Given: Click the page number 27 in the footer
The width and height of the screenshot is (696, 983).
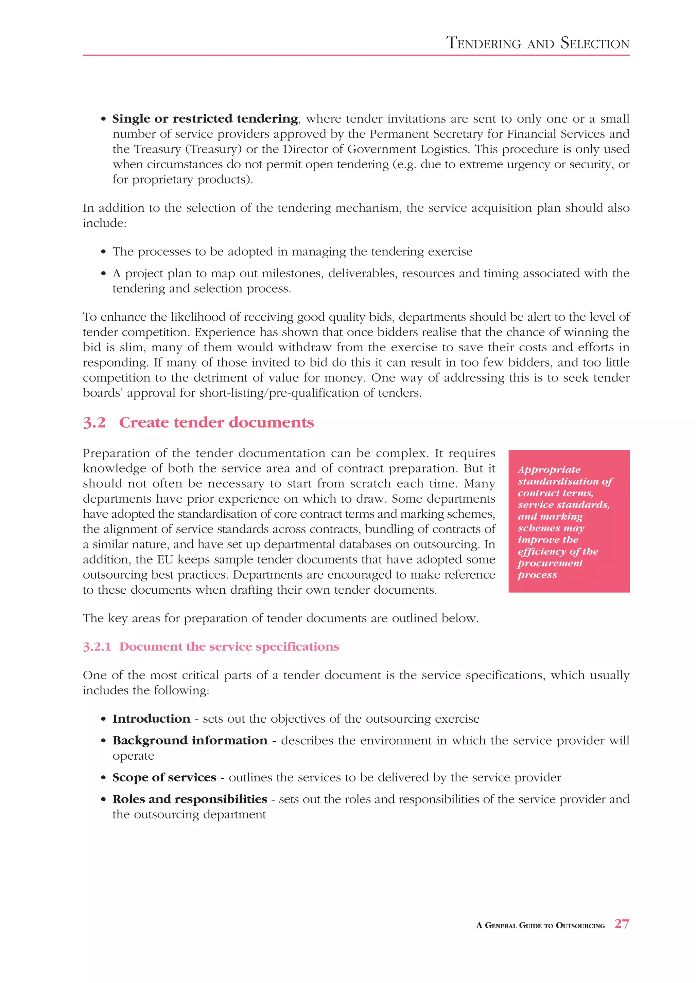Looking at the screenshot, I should (x=622, y=924).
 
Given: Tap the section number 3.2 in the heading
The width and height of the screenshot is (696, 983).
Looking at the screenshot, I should (x=94, y=423).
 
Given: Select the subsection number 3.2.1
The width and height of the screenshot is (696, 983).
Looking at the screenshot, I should (x=97, y=647).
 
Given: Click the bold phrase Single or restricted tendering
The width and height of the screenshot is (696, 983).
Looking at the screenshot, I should (x=205, y=118).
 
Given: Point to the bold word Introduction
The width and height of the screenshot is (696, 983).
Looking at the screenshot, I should (x=151, y=719).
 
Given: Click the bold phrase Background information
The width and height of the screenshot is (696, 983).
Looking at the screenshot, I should (x=190, y=741).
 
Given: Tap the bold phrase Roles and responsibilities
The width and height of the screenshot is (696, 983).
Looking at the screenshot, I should (x=190, y=799).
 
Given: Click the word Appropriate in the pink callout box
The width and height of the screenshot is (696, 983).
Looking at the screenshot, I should (x=549, y=470).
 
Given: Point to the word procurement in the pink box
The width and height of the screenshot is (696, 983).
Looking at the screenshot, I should (x=550, y=563).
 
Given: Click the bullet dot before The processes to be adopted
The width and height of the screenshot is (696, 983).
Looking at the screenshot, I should (x=103, y=252).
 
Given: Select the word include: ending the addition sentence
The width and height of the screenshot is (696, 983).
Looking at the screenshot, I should (x=105, y=223).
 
